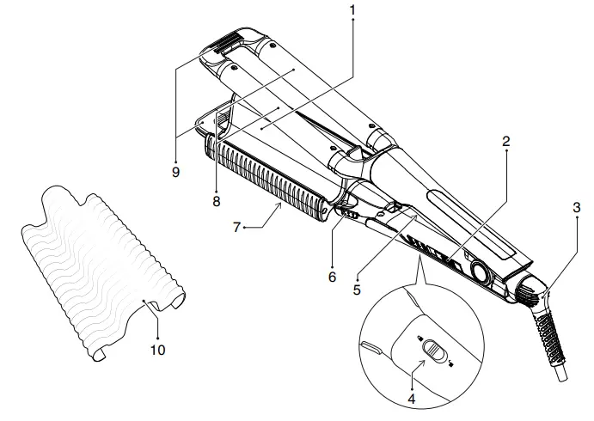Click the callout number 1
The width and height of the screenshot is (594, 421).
tap(352, 10)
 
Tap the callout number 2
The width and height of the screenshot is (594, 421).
tap(506, 142)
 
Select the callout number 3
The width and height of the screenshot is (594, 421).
tap(577, 207)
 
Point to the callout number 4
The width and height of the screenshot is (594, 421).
tap(412, 399)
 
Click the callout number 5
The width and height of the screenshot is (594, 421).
tap(357, 290)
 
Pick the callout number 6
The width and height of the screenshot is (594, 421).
tap(332, 277)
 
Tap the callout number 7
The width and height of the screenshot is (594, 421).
tap(236, 227)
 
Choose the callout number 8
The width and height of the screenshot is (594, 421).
tap(217, 201)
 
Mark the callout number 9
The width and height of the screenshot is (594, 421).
tap(175, 172)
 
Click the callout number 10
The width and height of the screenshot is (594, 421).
tap(157, 350)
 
